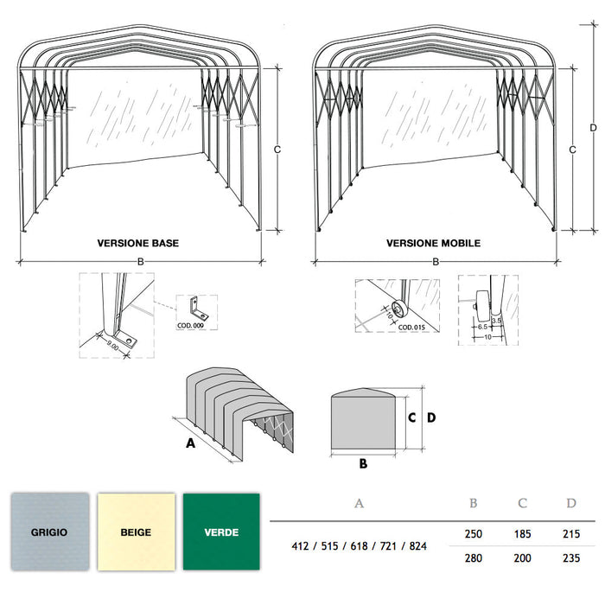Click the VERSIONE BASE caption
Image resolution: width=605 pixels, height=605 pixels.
pyautogui.click(x=138, y=244)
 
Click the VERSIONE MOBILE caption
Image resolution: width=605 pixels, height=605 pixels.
pyautogui.click(x=433, y=244)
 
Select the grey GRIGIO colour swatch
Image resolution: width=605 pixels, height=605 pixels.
pyautogui.click(x=50, y=532)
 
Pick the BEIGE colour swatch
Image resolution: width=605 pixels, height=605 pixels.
pyautogui.click(x=135, y=532)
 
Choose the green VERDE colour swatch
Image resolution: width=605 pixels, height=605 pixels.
pyautogui.click(x=221, y=532)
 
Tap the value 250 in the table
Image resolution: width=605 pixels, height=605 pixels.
pyautogui.click(x=474, y=536)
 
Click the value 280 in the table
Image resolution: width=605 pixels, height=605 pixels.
pyautogui.click(x=474, y=558)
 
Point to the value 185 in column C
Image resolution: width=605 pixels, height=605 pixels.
pyautogui.click(x=522, y=536)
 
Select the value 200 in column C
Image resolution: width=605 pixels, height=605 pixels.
pyautogui.click(x=522, y=558)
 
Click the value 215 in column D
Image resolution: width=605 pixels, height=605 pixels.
pyautogui.click(x=570, y=536)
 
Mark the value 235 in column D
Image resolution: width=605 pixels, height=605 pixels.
pyautogui.click(x=570, y=558)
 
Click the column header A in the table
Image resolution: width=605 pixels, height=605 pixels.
pyautogui.click(x=359, y=503)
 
